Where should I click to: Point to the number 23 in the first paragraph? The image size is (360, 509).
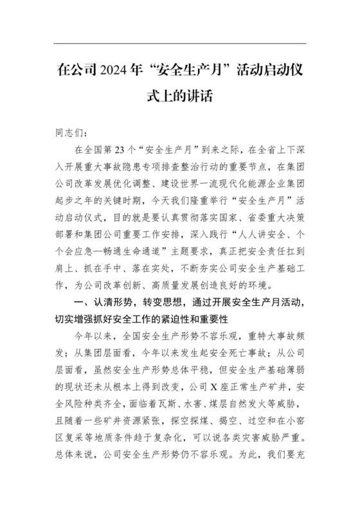[128, 150]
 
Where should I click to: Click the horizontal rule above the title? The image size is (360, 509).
[180, 43]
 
